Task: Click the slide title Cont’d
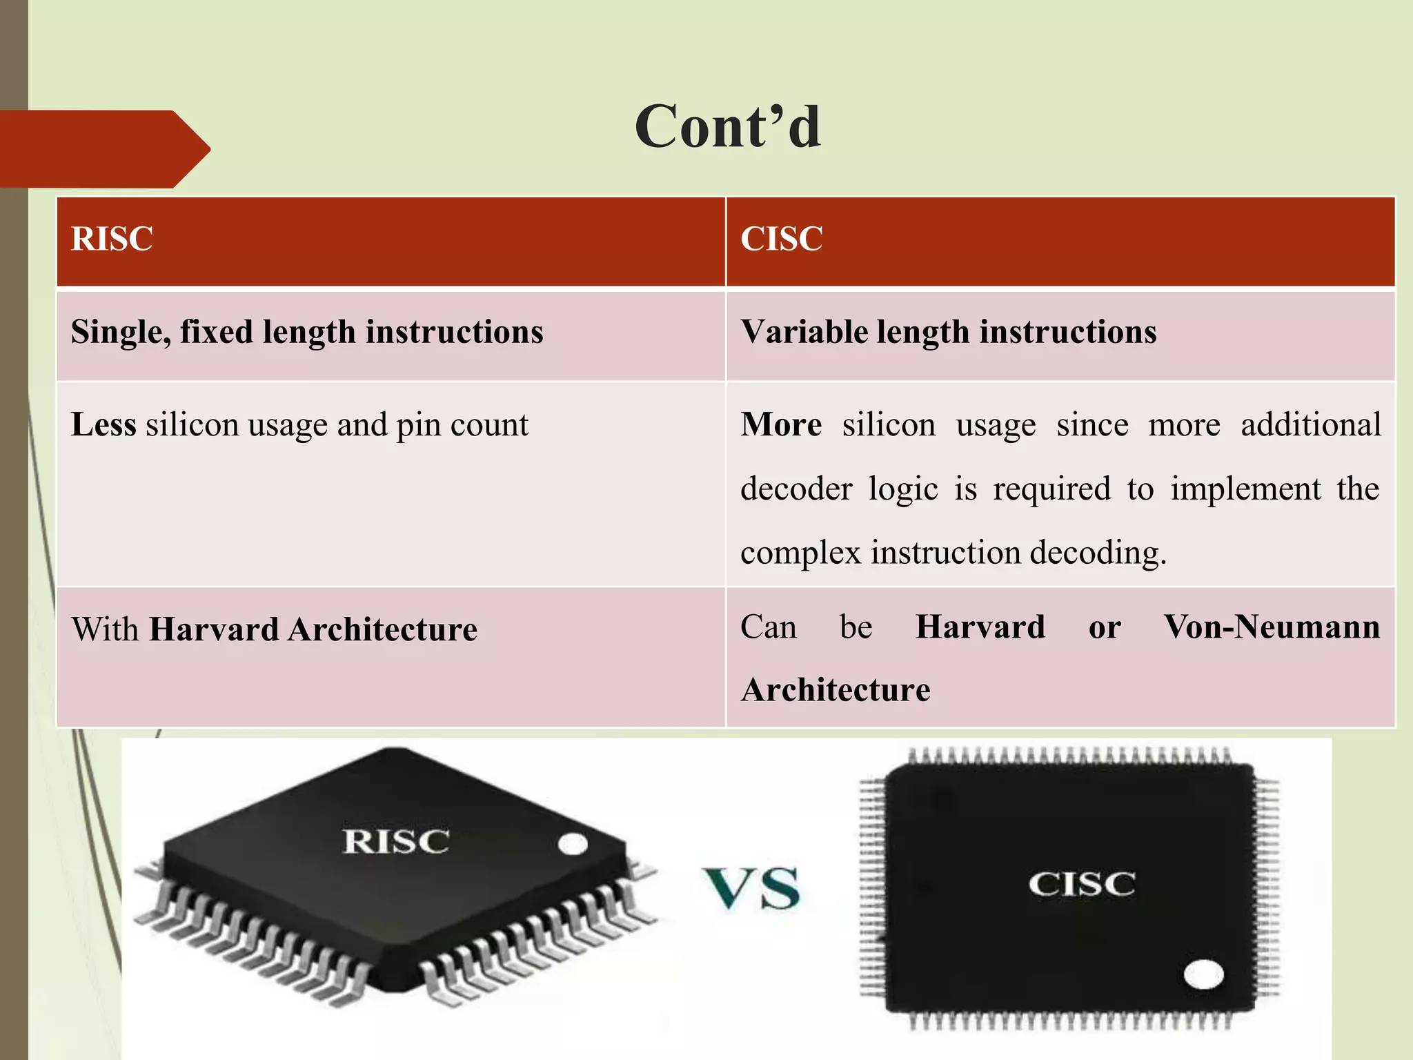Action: (x=728, y=127)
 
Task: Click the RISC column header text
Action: (x=112, y=239)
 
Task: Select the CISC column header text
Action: (x=781, y=239)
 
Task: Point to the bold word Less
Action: (x=103, y=424)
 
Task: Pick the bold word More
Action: (x=781, y=424)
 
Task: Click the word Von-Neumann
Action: (x=1272, y=627)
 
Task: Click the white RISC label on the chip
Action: (x=396, y=841)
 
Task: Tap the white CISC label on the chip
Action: (x=1081, y=884)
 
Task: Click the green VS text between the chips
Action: (x=751, y=888)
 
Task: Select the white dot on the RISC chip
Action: (x=572, y=844)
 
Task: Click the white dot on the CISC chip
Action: (x=1203, y=974)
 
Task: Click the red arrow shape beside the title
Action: (x=103, y=149)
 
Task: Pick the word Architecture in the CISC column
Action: (x=836, y=690)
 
